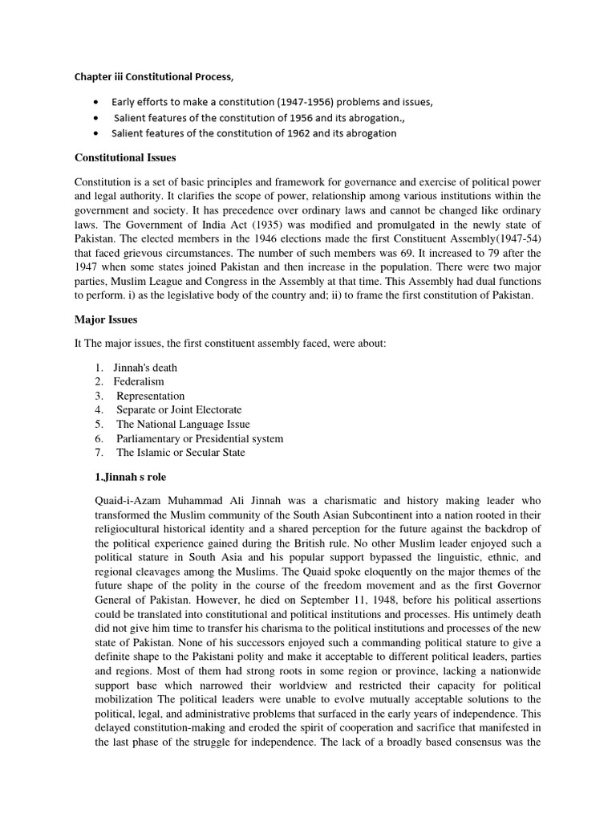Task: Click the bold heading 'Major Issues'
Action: point(108,319)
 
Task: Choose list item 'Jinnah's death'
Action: point(145,368)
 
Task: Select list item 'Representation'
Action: point(151,396)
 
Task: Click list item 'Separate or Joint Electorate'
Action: point(179,410)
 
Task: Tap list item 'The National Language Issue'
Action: point(184,424)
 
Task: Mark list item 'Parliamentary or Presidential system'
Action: point(200,438)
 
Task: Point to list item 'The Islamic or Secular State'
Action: point(181,453)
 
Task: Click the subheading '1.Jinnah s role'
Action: point(131,477)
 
